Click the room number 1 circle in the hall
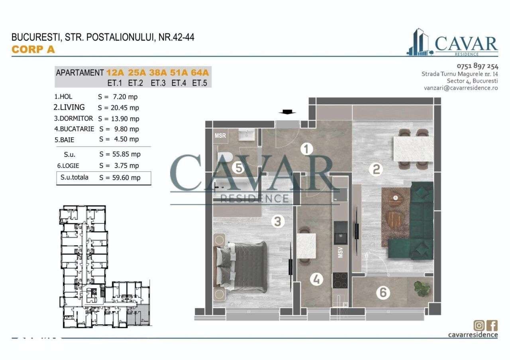tap(306, 149)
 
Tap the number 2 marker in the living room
tap(376, 170)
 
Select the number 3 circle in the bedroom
tap(278, 221)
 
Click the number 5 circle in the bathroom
tap(238, 168)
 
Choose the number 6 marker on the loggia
tap(382, 293)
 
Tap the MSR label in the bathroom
tap(220, 135)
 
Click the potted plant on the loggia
tap(420, 288)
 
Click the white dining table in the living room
tap(413, 149)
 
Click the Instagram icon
tap(479, 325)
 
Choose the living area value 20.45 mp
tap(118, 108)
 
